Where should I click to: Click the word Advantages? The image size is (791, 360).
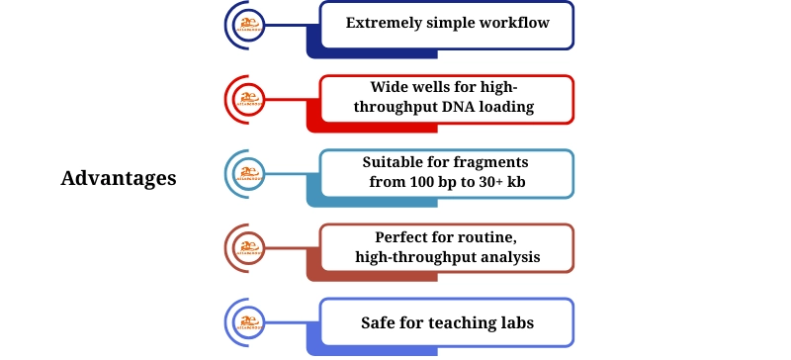[119, 179]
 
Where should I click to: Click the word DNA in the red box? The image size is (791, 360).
[463, 107]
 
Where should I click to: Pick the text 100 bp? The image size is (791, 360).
[414, 182]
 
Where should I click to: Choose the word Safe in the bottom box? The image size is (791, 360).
[380, 323]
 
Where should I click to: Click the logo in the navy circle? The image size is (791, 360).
[249, 26]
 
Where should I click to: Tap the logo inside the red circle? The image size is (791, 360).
[249, 99]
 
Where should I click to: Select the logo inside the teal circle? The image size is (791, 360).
[249, 175]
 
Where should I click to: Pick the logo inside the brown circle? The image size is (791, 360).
[249, 249]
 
